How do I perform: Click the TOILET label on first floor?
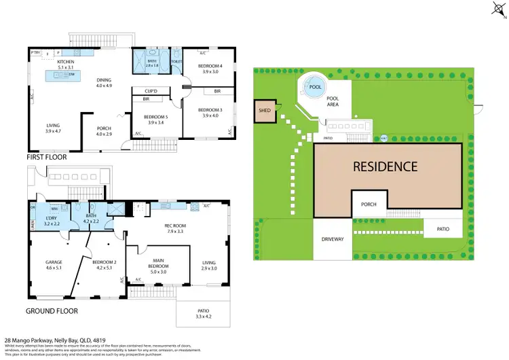176,61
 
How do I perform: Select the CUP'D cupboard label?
151,90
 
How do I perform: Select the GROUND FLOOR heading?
52,311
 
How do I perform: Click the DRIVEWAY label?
333,240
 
